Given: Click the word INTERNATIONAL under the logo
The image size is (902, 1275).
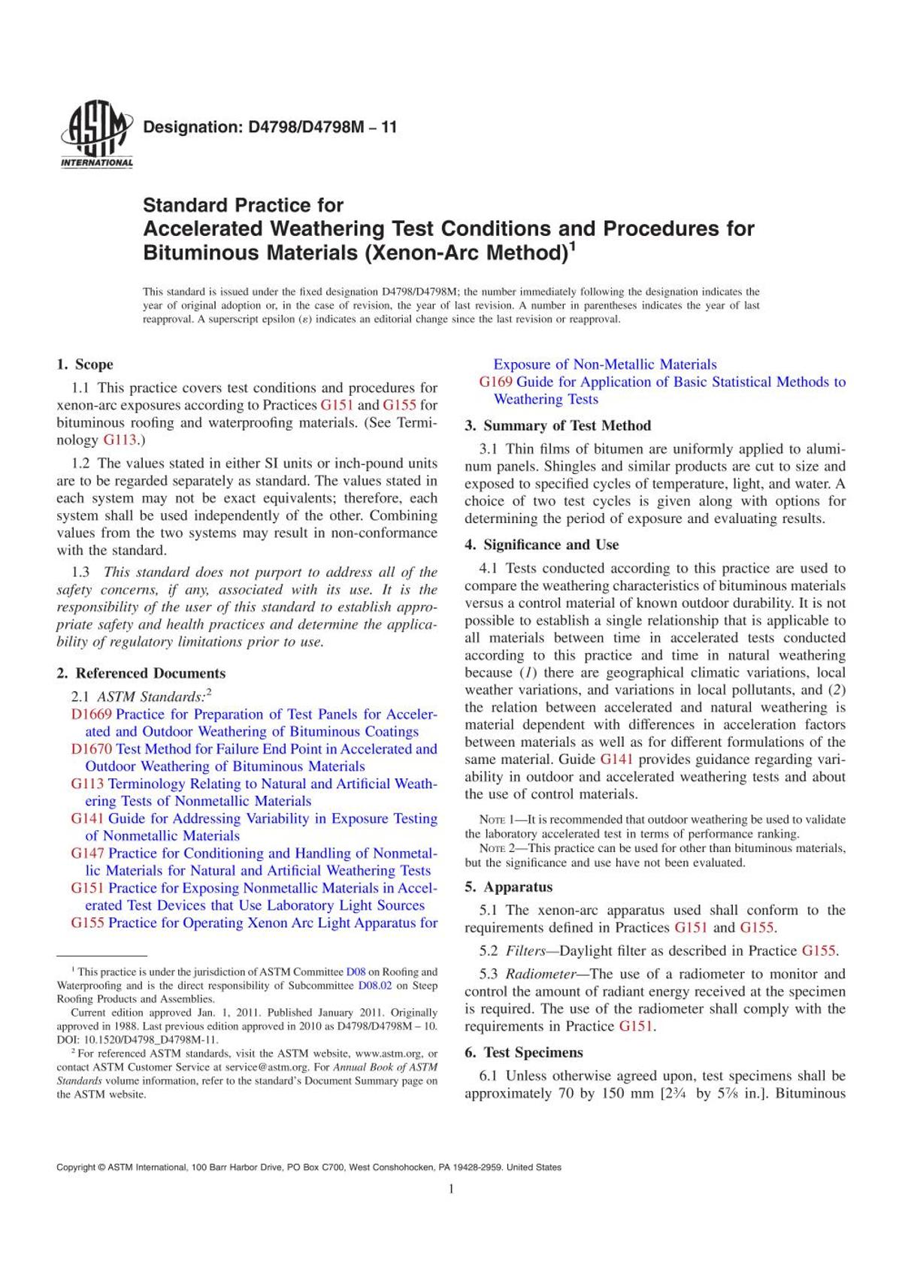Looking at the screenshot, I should click(96, 163).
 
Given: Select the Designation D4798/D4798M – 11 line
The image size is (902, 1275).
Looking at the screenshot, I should click(270, 127).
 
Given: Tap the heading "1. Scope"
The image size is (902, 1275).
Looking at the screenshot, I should click(85, 364).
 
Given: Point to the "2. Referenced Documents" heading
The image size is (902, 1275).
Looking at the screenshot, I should click(141, 673).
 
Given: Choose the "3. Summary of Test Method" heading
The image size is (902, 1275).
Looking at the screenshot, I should click(558, 426).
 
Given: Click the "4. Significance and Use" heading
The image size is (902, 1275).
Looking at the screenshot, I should click(541, 545).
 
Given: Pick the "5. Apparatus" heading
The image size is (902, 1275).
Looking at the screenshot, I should click(508, 887).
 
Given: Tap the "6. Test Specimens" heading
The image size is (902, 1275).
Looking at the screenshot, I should click(523, 1053).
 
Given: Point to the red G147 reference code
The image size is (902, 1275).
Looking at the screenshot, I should click(88, 854).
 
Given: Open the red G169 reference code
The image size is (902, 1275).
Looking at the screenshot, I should click(496, 382).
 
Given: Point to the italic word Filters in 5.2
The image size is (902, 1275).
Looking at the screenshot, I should click(525, 951).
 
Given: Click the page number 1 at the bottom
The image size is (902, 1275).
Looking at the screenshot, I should click(451, 1189).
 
